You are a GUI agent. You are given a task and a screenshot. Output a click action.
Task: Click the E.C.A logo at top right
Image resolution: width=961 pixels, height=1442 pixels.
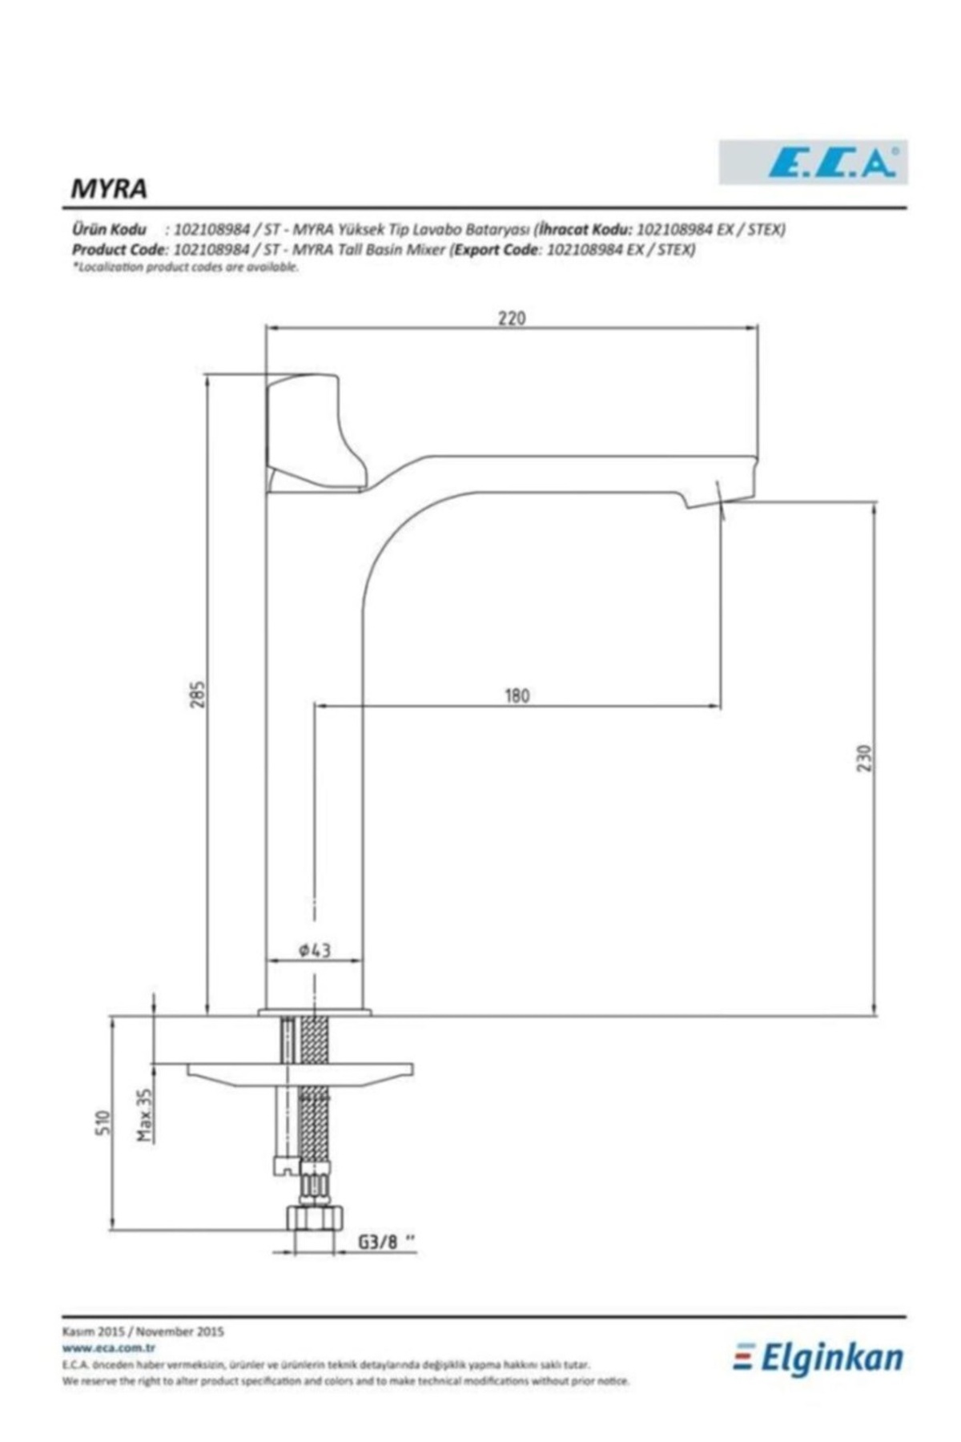point(813,163)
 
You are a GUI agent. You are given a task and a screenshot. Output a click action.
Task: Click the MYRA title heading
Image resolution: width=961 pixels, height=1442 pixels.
point(110,188)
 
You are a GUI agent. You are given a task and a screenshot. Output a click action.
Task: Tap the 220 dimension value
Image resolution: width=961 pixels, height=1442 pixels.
point(512,318)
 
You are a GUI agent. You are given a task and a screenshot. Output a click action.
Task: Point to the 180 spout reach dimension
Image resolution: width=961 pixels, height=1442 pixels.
point(517,695)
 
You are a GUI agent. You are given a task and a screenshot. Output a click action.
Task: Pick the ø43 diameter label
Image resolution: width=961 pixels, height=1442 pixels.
point(315,950)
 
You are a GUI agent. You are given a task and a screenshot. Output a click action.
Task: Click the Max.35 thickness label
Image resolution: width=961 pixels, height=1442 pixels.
point(145,1114)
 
